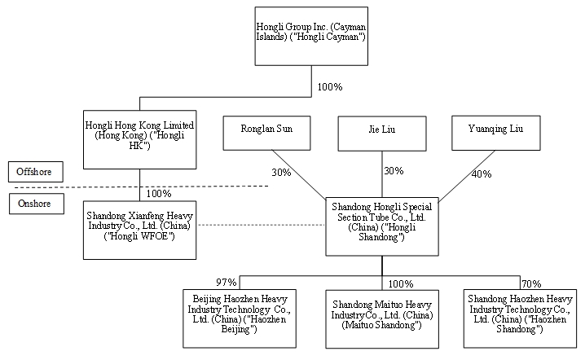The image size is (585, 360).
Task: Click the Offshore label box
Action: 35,172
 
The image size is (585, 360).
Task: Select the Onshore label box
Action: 35,204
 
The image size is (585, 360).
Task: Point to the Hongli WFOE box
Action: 139,225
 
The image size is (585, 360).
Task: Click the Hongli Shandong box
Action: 382,225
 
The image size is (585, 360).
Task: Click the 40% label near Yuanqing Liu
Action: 482,173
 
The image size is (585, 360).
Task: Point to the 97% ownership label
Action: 226,282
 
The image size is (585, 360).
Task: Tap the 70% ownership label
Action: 531,283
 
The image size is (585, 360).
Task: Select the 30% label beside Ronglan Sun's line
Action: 280,172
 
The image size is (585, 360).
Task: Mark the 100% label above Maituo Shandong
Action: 401,283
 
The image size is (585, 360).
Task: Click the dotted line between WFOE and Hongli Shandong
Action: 261,225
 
